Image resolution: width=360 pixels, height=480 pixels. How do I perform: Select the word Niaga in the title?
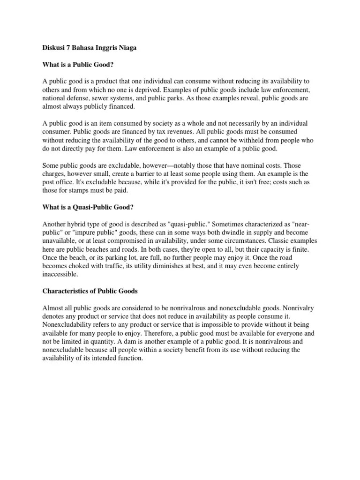(128, 48)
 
